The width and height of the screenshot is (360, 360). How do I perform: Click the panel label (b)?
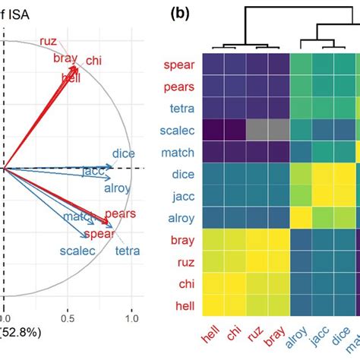point(181,13)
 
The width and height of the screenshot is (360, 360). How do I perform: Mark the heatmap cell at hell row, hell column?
point(215,305)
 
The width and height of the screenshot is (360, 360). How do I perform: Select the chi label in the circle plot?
point(95,60)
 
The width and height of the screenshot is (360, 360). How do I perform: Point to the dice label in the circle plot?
point(123,153)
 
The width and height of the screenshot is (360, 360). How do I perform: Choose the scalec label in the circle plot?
point(77,251)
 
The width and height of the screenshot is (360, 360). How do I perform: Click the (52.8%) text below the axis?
point(23,333)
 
